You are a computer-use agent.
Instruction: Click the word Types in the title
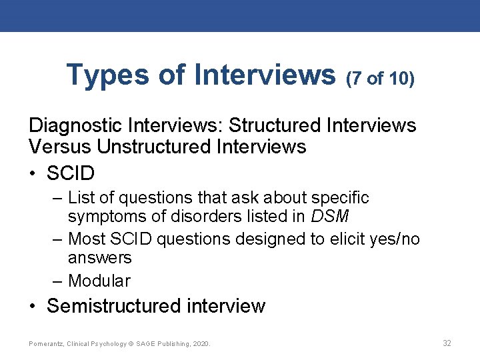pyautogui.click(x=107, y=76)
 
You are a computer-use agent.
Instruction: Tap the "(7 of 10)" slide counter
pyautogui.click(x=380, y=79)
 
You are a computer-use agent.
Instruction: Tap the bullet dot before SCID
pyautogui.click(x=33, y=173)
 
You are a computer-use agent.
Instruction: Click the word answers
pyautogui.click(x=100, y=257)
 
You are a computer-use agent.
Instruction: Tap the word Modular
pyautogui.click(x=99, y=281)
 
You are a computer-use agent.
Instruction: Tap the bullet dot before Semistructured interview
pyautogui.click(x=33, y=307)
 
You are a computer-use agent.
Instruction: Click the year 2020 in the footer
pyautogui.click(x=199, y=344)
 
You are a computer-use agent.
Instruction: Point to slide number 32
pyautogui.click(x=447, y=343)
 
